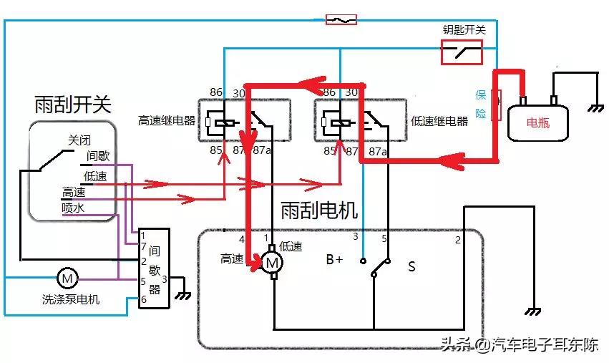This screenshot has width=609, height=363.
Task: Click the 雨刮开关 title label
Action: (73, 105)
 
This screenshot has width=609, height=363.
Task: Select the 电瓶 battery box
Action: (538, 122)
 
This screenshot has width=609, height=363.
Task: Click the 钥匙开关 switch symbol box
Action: (461, 52)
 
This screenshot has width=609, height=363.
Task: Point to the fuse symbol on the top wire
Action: (341, 20)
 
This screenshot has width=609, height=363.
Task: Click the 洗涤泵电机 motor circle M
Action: (66, 277)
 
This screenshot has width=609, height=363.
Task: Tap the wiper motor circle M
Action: (272, 263)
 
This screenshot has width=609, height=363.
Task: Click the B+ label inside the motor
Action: (334, 260)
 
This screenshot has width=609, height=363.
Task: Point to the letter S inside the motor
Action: (411, 266)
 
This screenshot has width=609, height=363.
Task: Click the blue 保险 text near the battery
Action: (481, 105)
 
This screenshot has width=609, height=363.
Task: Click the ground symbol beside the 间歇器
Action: (185, 294)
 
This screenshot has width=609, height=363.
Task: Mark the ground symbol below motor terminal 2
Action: (534, 312)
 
